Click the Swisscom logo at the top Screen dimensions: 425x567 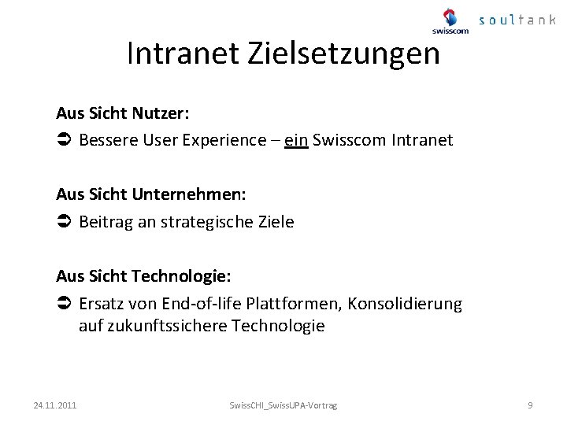(450, 21)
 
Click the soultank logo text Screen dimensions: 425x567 (517, 20)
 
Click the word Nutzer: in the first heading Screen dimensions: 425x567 (162, 113)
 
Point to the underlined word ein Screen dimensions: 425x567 (296, 140)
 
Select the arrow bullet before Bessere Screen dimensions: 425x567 (65, 141)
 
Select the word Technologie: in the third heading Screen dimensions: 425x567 (181, 276)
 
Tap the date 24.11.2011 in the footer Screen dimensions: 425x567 (55, 405)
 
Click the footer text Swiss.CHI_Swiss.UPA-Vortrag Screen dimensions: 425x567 (283, 405)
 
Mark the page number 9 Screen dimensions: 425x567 (530, 405)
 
